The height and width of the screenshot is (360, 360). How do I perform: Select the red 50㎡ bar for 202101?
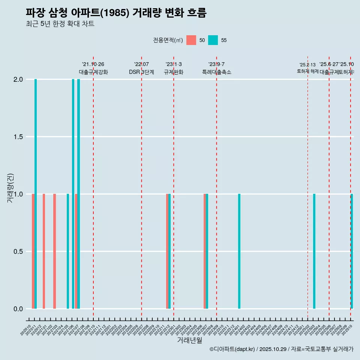44,251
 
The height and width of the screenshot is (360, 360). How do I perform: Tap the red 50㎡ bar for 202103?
54,251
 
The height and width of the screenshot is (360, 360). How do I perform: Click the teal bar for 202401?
239,251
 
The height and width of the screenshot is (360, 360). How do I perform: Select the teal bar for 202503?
314,251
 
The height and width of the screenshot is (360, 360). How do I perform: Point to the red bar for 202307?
205,251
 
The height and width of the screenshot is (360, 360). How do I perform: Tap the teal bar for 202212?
169,251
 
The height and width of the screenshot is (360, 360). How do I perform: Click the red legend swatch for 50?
191,40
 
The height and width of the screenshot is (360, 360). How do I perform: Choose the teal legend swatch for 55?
213,40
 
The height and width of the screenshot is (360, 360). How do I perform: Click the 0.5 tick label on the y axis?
18,252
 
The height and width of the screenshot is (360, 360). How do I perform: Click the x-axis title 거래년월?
189,340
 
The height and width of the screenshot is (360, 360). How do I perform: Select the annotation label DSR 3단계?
141,72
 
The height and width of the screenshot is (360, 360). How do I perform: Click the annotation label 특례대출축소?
216,72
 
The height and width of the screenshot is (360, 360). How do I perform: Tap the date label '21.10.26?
93,64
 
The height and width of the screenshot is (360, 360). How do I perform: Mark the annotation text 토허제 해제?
307,71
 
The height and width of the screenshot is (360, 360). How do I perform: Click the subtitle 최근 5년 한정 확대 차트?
60,24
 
